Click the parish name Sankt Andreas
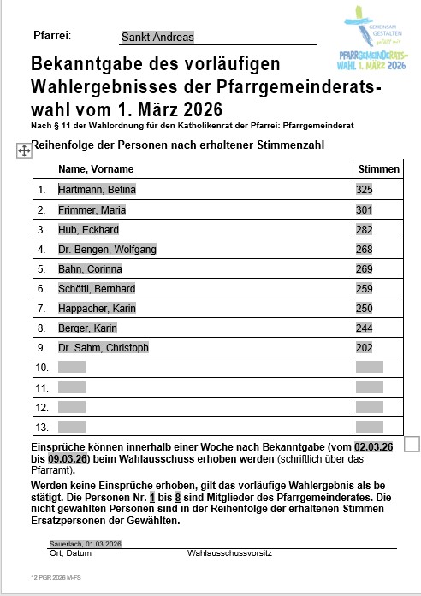pos(157,38)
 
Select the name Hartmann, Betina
pos(97,190)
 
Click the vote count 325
pos(365,190)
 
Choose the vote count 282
pos(365,230)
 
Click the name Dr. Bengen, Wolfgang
pos(107,250)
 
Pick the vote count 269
pos(365,269)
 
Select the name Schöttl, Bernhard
pos(97,289)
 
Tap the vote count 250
pos(365,309)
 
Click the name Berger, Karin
pos(87,328)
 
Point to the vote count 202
pos(365,348)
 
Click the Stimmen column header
pos(378,169)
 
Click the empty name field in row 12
pos(72,407)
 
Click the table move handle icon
pos(23,150)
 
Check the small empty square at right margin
pos(411,444)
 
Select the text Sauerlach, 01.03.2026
pos(86,544)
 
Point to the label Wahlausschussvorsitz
pos(229,553)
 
